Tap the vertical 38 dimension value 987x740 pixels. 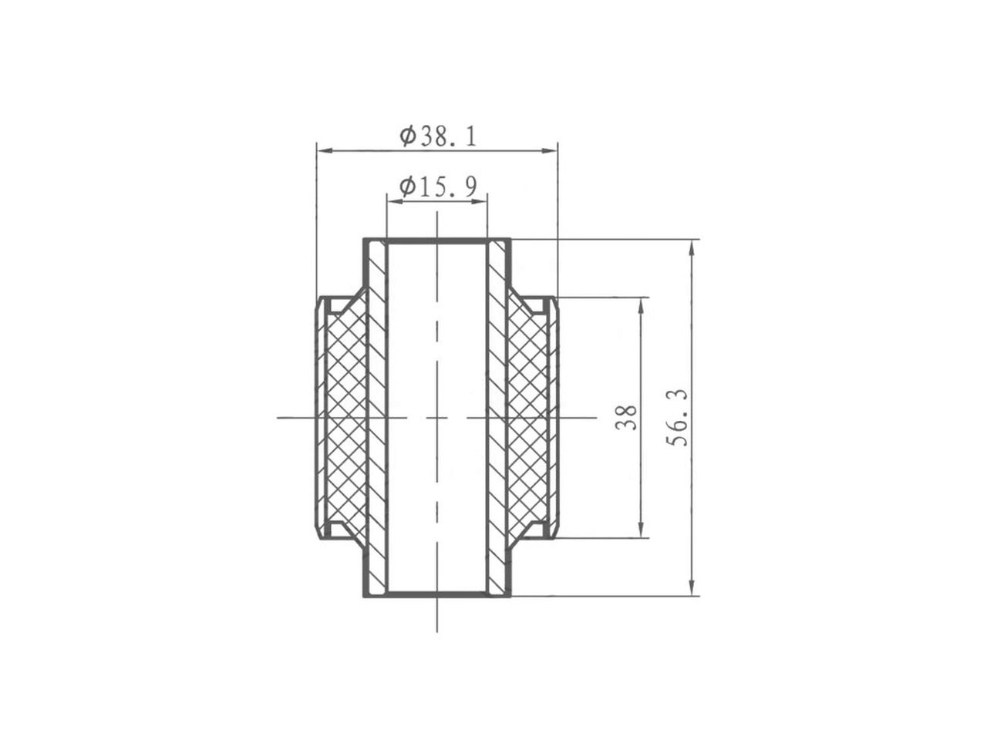pyautogui.click(x=627, y=417)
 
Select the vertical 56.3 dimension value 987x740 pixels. pyautogui.click(x=677, y=417)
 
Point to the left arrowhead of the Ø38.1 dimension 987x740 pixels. pyautogui.click(x=325, y=151)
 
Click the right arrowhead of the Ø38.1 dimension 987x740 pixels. pyautogui.click(x=550, y=151)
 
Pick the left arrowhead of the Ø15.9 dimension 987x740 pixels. pyautogui.click(x=395, y=202)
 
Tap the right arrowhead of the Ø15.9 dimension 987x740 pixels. pyautogui.click(x=480, y=202)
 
